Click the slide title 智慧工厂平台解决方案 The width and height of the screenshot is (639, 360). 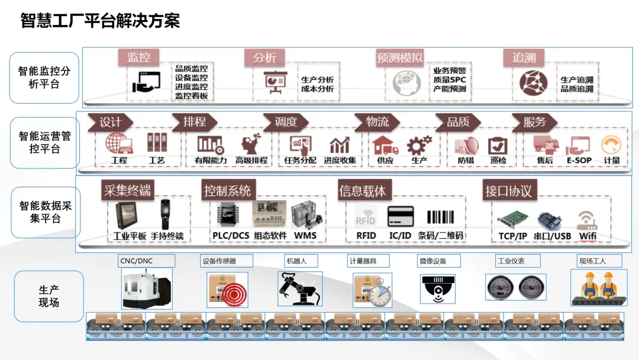click(x=100, y=21)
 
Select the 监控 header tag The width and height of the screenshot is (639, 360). click(x=138, y=57)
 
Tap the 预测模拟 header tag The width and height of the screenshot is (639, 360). click(x=400, y=57)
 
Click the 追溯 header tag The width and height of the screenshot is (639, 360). click(x=524, y=57)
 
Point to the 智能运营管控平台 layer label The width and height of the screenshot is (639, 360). click(x=45, y=143)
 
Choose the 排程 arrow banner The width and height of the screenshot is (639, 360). click(x=194, y=122)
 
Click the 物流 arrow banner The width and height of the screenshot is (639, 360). click(x=377, y=122)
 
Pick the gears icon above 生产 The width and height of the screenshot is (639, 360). click(x=419, y=144)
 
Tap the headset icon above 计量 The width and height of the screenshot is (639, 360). click(x=611, y=145)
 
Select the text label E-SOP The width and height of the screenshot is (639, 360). click(x=579, y=160)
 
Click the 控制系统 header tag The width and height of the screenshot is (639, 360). click(x=227, y=191)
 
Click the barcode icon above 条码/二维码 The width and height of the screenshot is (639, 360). click(x=440, y=217)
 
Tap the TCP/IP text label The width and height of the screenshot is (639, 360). click(x=512, y=236)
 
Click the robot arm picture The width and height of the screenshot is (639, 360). click(x=299, y=288)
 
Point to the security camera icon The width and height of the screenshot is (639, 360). click(x=438, y=289)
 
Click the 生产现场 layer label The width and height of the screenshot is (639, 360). click(x=49, y=296)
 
